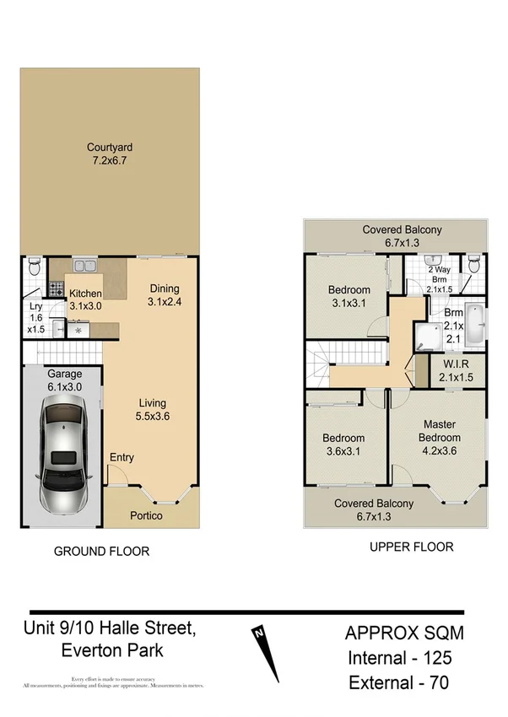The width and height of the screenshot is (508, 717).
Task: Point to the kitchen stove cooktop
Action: point(56,288)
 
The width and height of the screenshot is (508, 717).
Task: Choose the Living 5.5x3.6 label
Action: point(152,409)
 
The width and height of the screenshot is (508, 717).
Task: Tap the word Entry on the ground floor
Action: point(122,457)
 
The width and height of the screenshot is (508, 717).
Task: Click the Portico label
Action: point(146,515)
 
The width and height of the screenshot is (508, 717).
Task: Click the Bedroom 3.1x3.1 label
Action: point(349,297)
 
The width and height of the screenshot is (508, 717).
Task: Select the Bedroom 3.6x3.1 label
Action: point(343,445)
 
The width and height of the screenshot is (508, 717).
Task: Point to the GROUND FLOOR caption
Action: point(101,552)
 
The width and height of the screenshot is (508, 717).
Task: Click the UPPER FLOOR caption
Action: point(411,547)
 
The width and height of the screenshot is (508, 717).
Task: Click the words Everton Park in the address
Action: point(111,650)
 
